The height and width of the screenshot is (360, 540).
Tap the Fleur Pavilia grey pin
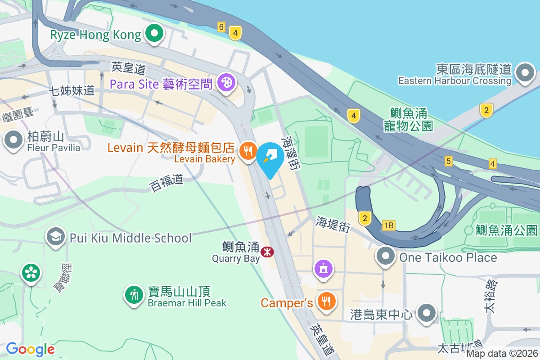(13, 140)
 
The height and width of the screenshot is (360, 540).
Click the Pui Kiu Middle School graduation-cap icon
(56, 237)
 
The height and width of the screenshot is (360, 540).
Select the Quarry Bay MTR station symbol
(267, 252)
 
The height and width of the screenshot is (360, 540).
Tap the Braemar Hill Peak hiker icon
(134, 295)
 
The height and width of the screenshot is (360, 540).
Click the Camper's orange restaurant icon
(325, 301)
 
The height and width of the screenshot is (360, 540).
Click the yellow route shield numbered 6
(221, 27)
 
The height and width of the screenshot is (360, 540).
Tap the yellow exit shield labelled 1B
(388, 225)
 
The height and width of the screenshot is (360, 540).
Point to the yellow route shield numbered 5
(448, 161)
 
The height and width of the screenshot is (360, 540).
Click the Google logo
(31, 349)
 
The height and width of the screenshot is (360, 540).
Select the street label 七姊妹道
(72, 90)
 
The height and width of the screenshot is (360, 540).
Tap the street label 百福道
(166, 183)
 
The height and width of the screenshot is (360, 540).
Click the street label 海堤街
(333, 224)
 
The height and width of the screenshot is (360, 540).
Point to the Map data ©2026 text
(502, 353)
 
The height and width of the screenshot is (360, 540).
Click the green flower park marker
(31, 273)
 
